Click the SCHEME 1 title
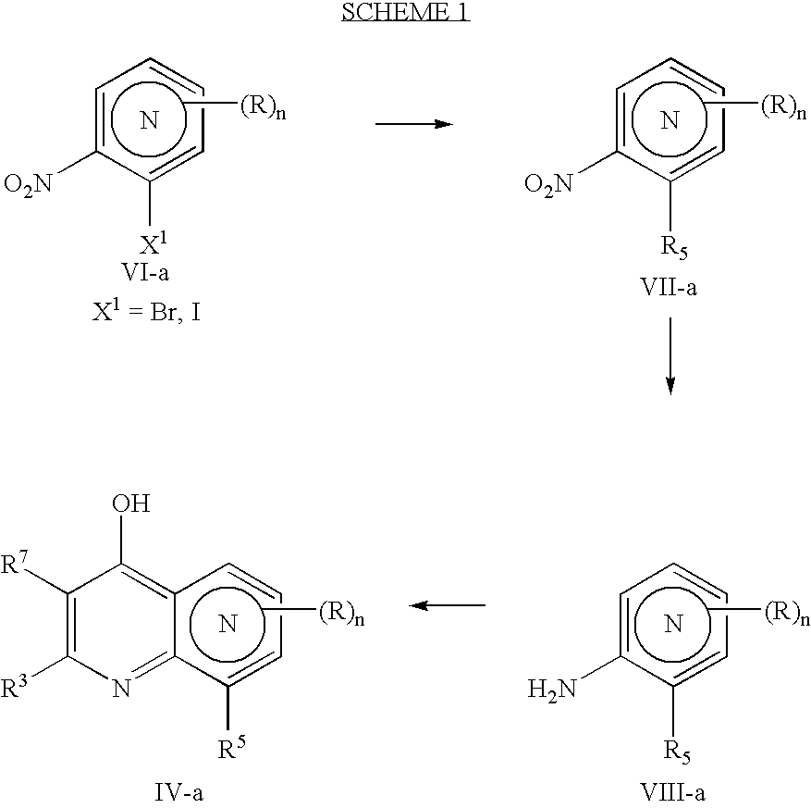click(x=405, y=11)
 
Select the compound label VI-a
click(x=145, y=272)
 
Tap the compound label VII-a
click(x=669, y=287)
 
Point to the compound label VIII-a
click(x=673, y=792)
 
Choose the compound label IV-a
click(x=179, y=792)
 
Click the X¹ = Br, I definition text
click(x=146, y=312)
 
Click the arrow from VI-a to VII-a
click(x=413, y=124)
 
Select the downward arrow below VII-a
click(x=670, y=356)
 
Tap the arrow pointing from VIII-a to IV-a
click(x=447, y=604)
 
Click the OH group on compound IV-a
click(x=131, y=503)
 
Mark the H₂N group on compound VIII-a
click(x=551, y=690)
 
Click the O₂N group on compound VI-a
click(x=29, y=184)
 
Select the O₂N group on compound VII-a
click(x=548, y=184)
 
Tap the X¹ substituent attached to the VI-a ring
click(x=154, y=243)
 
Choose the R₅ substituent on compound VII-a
click(x=674, y=247)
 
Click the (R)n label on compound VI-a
click(x=263, y=107)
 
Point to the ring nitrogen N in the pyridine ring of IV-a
click(x=122, y=689)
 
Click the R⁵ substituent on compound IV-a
click(x=230, y=747)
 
